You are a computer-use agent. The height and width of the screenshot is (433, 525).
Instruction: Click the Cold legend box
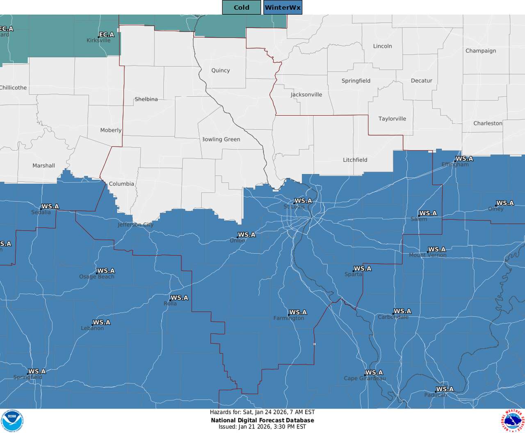241,7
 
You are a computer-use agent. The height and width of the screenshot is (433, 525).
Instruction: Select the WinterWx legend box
283,7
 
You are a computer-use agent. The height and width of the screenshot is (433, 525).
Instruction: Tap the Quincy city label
221,71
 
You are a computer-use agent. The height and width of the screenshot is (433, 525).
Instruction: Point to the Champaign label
481,51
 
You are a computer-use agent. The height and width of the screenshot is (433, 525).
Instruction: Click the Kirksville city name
98,41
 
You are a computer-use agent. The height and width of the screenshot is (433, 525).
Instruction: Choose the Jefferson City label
136,225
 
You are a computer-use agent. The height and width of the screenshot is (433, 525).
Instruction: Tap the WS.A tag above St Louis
304,201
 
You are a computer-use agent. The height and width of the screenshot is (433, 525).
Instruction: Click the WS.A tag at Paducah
445,389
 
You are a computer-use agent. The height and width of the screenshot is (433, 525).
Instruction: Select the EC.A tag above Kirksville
107,35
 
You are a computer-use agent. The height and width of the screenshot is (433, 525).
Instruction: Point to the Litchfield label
355,160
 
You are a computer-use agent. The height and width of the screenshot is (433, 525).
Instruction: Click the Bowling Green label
221,139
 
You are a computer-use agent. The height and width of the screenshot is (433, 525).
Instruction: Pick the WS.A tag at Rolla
179,298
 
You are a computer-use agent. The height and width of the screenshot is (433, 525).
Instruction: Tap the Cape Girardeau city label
365,378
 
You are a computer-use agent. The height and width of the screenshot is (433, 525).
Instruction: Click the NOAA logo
12,421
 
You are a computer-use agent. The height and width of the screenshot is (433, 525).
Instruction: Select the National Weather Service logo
512,421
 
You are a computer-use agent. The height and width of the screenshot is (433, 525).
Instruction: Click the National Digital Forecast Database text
262,420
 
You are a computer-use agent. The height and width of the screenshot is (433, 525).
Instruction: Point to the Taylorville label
392,119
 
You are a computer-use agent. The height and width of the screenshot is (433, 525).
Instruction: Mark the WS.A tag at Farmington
298,312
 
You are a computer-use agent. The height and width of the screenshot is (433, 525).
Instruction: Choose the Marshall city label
44,166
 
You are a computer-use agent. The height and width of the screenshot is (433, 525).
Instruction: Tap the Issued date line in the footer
262,426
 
